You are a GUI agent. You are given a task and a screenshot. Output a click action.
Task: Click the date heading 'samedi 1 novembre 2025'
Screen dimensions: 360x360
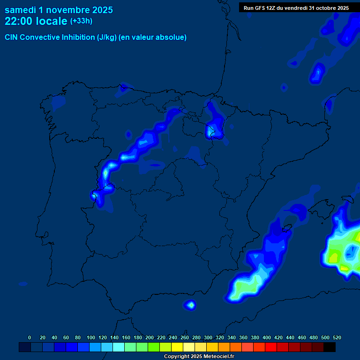pyautogui.click(x=59, y=10)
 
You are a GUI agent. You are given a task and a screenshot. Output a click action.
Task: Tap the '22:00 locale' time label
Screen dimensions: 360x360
pyautogui.click(x=36, y=21)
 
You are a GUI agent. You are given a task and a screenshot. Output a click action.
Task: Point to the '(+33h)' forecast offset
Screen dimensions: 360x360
pyautogui.click(x=81, y=21)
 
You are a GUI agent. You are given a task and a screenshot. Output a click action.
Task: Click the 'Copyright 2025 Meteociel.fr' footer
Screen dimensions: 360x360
pyautogui.click(x=199, y=356)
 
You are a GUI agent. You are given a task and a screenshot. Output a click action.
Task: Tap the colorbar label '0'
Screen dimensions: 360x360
pyautogui.click(x=30, y=337)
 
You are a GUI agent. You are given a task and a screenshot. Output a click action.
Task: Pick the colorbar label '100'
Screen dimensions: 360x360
pyautogui.click(x=91, y=337)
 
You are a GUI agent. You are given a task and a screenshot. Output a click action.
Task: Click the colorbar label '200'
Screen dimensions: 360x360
pyautogui.click(x=150, y=337)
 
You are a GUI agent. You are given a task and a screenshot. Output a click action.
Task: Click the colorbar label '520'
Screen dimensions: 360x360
pyautogui.click(x=337, y=337)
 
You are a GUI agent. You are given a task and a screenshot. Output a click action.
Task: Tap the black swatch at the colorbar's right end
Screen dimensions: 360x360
pyautogui.click(x=330, y=347)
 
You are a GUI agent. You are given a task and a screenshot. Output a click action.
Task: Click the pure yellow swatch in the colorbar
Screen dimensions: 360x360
pyautogui.click(x=177, y=347)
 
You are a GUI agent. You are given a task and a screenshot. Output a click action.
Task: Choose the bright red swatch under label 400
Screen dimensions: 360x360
pyautogui.click(x=271, y=347)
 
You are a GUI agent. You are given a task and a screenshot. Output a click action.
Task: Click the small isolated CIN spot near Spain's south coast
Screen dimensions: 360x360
pyautogui.click(x=190, y=305)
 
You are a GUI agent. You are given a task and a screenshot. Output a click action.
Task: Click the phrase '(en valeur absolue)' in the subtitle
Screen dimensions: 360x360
pyautogui.click(x=153, y=37)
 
